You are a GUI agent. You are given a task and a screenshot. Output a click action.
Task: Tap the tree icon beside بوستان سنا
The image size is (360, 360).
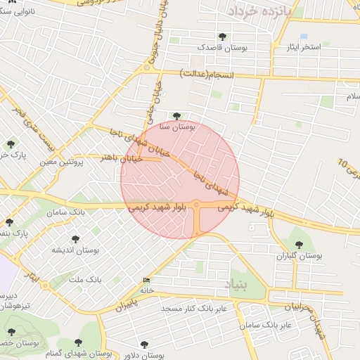tap(176, 115)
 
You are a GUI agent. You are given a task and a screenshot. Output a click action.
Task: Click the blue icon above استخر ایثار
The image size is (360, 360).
tap(304, 36)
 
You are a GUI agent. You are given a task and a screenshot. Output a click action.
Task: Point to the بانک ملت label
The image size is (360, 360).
tap(85, 280)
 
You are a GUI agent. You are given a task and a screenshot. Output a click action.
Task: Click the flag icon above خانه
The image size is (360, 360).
tap(146, 280)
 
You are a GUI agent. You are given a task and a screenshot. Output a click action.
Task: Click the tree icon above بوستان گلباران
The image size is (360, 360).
tap(300, 245)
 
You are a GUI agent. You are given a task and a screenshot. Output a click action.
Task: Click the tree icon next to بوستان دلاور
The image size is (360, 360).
tap(145, 345)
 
